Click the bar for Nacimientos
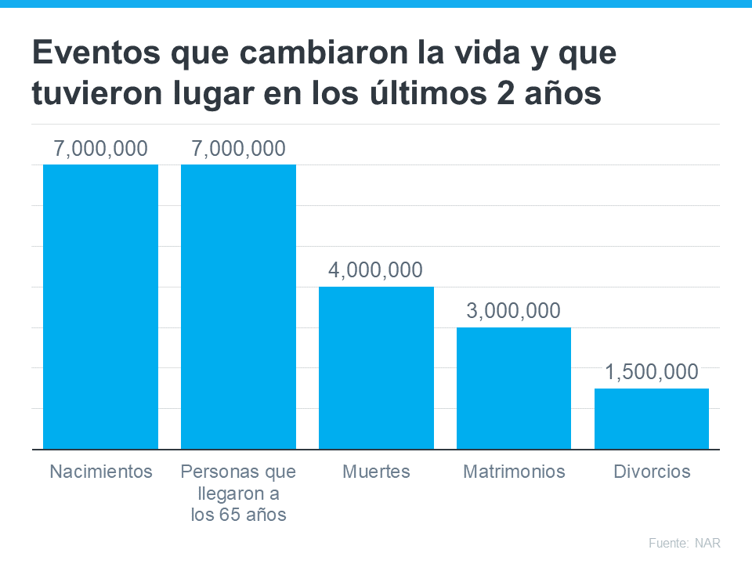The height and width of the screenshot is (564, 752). (x=100, y=306)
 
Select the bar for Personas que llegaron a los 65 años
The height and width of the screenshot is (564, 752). (x=238, y=306)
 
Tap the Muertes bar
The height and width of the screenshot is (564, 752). (x=376, y=367)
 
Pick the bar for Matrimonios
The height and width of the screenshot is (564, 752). (x=514, y=388)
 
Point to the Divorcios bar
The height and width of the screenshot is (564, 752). (x=652, y=418)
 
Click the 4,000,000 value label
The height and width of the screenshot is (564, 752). (x=376, y=270)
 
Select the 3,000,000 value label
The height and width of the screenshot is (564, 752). (x=514, y=311)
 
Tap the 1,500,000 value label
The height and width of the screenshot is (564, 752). (x=652, y=372)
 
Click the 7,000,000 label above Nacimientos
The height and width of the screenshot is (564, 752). (x=100, y=148)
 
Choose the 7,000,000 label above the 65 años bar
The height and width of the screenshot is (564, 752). (x=238, y=148)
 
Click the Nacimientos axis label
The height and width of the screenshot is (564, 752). (x=100, y=472)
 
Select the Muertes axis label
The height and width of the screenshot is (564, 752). (x=376, y=472)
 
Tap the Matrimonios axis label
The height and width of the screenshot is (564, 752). (x=514, y=472)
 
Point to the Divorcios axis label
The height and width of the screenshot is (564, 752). (x=652, y=472)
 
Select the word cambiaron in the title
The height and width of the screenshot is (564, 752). (x=303, y=54)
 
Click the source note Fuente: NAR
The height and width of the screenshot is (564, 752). (x=684, y=543)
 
